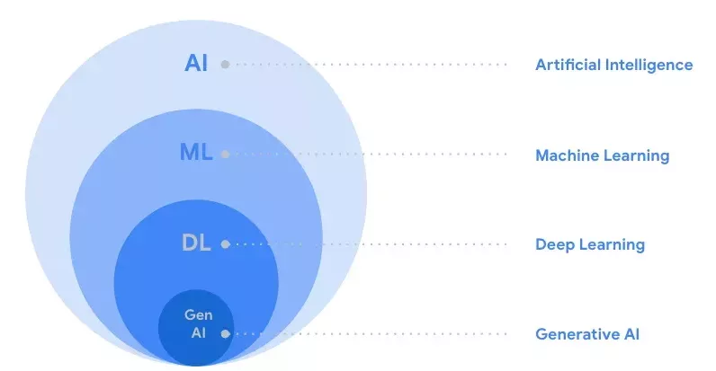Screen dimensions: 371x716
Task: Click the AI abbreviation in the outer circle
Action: click(x=195, y=64)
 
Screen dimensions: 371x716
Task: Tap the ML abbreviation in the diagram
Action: click(x=195, y=154)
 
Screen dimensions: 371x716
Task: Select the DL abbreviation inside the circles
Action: click(x=195, y=243)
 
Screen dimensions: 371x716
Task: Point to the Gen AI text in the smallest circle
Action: click(x=197, y=323)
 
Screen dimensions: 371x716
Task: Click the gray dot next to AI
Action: click(x=225, y=65)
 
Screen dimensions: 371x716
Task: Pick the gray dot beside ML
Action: click(x=225, y=155)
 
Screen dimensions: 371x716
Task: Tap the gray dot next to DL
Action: click(x=225, y=243)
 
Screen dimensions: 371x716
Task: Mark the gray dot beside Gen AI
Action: click(x=225, y=333)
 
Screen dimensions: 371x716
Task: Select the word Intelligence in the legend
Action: click(x=648, y=65)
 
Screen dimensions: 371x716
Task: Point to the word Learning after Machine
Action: click(x=637, y=155)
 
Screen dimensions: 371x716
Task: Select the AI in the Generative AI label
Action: click(x=629, y=334)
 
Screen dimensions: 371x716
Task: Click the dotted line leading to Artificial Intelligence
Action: click(x=369, y=65)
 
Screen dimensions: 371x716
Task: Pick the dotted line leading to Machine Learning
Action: click(x=369, y=155)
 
